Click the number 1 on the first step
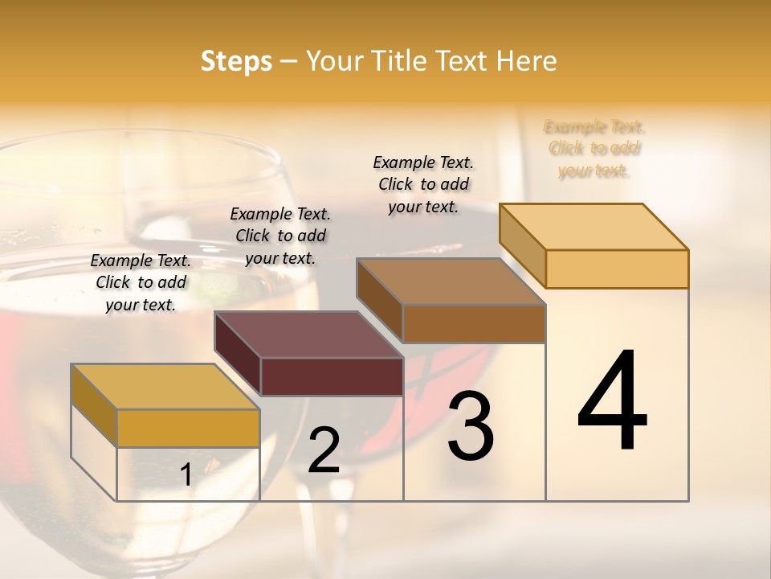tap(186, 475)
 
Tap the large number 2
tap(324, 450)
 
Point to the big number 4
tap(612, 401)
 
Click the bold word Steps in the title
tap(236, 61)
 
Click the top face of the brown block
tap(451, 281)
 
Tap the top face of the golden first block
tap(165, 387)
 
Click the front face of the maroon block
tap(332, 376)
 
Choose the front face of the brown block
tap(474, 324)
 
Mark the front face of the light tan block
tap(617, 269)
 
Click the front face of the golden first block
tap(188, 428)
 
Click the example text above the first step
tap(141, 282)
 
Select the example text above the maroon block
tap(280, 236)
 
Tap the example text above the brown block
tap(423, 184)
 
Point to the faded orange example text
tap(594, 149)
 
